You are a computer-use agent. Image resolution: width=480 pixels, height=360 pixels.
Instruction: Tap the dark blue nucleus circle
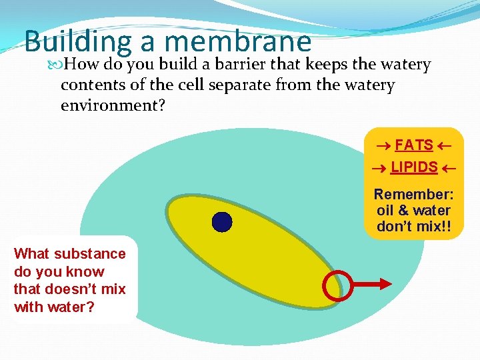221,221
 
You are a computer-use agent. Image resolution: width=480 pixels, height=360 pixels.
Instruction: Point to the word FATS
413,145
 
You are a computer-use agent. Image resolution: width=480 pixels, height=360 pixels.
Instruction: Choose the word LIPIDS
413,167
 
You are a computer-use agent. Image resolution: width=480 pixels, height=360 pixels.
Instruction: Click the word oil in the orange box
386,211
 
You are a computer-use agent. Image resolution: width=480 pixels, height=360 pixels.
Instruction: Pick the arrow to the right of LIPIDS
449,168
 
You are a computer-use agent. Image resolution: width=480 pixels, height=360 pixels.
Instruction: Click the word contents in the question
93,86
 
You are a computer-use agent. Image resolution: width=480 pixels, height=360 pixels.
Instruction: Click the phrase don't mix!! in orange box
413,227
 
